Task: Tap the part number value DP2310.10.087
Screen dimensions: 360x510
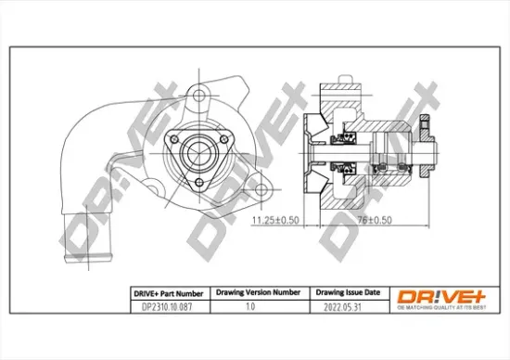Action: (166, 305)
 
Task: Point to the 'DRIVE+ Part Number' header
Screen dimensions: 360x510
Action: (166, 291)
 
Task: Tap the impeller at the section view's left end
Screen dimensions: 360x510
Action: (310, 148)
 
